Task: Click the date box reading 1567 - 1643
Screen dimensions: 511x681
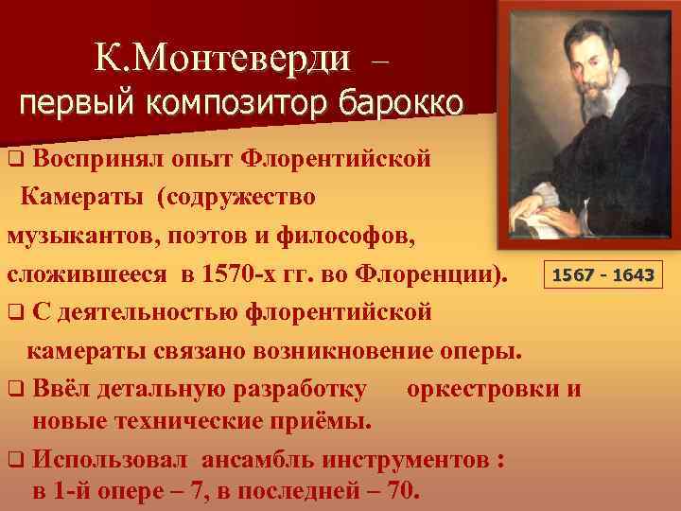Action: tap(602, 275)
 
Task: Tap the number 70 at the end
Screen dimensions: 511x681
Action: tap(406, 492)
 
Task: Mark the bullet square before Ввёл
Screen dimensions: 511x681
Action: tap(15, 388)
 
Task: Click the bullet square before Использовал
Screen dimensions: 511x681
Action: tap(15, 462)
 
